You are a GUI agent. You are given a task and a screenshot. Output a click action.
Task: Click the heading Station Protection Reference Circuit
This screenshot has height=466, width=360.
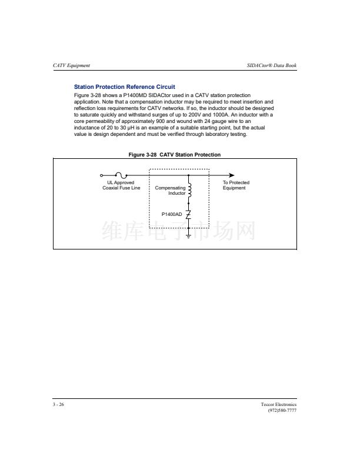tap(124, 87)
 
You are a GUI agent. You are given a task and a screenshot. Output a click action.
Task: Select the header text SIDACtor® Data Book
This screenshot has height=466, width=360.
tap(272, 65)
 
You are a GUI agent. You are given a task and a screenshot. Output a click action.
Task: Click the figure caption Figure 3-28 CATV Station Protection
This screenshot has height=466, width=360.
tap(175, 155)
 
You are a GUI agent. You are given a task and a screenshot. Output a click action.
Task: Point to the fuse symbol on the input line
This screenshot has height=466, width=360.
tap(121, 175)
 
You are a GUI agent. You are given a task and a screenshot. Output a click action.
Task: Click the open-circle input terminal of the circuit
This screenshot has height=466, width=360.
tap(101, 175)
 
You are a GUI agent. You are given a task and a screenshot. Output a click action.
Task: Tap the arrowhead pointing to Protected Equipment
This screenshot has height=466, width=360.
tap(231, 175)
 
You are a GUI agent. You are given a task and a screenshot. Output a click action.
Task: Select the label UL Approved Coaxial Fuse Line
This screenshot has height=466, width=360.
tap(121, 185)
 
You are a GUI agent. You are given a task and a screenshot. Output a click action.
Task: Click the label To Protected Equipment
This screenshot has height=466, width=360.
tap(235, 185)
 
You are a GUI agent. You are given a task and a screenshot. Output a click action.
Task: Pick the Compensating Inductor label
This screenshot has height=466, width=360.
tap(170, 191)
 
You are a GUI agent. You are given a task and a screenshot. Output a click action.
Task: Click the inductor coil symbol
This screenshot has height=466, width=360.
tap(189, 189)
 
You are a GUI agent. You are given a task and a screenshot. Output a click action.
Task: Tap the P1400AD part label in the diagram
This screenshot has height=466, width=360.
tap(172, 214)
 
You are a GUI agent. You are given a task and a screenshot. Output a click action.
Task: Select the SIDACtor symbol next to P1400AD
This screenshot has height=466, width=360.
tap(188, 214)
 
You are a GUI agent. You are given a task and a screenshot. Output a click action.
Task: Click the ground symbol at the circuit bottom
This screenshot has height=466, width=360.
tap(188, 235)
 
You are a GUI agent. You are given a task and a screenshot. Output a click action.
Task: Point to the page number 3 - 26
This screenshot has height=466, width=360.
tap(58, 405)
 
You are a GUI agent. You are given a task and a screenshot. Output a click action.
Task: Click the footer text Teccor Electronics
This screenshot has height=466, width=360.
tap(279, 405)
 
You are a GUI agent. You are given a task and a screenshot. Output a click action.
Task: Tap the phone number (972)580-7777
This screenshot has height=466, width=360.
tap(282, 411)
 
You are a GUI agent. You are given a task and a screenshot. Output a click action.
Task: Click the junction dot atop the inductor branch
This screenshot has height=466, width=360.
tap(188, 175)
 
